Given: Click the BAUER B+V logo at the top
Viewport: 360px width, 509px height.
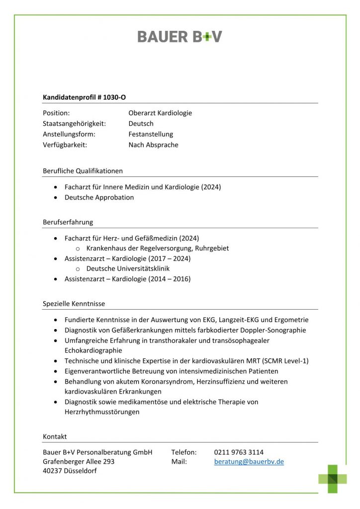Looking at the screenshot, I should [180, 37].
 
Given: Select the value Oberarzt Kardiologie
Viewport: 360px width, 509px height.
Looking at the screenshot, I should [160, 113].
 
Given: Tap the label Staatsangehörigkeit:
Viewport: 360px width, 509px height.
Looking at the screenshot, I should [74, 124].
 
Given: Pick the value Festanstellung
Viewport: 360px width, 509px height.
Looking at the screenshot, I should [151, 134].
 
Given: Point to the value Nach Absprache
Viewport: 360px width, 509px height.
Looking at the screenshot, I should [153, 145].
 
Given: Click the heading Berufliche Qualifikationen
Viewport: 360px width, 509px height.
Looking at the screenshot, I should [83, 171].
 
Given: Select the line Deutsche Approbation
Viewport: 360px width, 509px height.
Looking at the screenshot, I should [99, 197].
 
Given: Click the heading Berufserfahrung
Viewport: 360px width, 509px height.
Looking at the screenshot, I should [68, 222].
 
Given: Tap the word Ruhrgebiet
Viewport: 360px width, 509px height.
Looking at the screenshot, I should [212, 248].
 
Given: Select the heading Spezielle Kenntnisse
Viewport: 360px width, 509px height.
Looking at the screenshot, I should [74, 304].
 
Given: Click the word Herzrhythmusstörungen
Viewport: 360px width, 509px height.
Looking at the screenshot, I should [102, 412].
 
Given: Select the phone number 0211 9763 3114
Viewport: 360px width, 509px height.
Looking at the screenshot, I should [239, 452].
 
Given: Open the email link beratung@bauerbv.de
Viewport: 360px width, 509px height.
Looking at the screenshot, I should [249, 462].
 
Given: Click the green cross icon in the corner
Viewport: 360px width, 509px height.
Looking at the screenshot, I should [332, 479].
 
